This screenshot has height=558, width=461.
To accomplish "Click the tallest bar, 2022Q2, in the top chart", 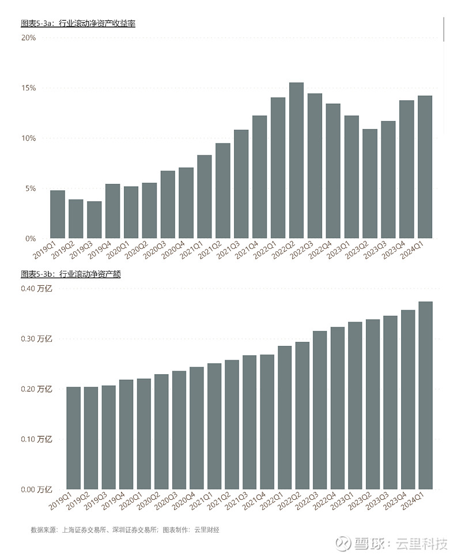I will tap(296, 161).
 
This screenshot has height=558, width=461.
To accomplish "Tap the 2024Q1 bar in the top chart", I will tap(425, 167).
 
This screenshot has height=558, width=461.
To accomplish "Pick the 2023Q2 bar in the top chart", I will tap(370, 184).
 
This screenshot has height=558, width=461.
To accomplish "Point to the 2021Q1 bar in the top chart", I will tap(205, 197).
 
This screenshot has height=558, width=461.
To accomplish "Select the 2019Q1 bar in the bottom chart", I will tap(74, 438).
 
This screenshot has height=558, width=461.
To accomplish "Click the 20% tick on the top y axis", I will tap(29, 38).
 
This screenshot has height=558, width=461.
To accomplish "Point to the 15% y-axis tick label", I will tap(29, 88).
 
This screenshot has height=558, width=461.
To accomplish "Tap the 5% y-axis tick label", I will tap(31, 188).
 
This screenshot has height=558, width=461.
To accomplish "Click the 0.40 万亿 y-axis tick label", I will tap(36, 289).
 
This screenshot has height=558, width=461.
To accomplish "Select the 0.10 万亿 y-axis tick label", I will tap(36, 440).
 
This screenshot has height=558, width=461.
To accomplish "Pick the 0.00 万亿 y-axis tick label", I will tap(36, 490).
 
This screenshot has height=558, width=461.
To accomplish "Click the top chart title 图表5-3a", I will tap(78, 24).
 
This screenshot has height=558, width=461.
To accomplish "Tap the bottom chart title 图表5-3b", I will tap(70, 274).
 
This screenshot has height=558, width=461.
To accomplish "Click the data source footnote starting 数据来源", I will tap(124, 529).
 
